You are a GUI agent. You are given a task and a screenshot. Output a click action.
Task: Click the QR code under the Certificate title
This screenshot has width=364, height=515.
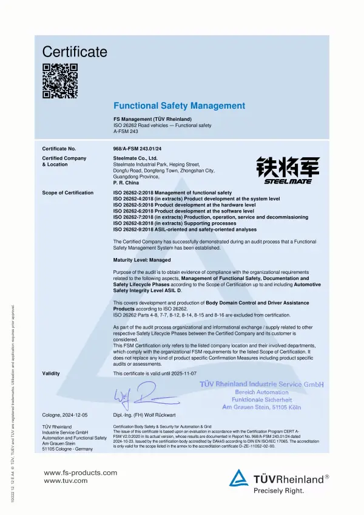[60, 80]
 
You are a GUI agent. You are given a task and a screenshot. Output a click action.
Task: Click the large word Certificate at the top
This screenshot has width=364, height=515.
[75, 52]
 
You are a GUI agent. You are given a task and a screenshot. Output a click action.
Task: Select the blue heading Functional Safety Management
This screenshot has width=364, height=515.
[180, 106]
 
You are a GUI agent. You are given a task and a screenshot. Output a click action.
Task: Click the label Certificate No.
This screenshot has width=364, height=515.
[59, 148]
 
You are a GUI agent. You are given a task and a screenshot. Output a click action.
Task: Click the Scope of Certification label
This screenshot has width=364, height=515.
[68, 193]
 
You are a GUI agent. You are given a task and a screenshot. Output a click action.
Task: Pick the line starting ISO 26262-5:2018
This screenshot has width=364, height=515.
[184, 205]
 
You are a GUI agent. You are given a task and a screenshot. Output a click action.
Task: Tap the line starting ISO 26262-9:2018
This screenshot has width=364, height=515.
[185, 230]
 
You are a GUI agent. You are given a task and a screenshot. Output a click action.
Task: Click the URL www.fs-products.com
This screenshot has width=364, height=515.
[81, 472]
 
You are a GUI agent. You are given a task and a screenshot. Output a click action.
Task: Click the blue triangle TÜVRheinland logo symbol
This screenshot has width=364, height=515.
[240, 477]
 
